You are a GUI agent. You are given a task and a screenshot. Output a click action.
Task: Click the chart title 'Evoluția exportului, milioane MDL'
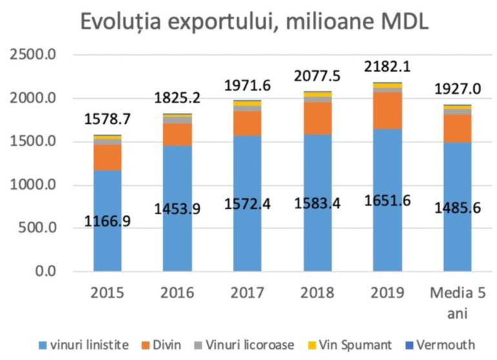tap(254, 23)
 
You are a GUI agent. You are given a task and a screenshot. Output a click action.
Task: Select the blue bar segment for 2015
tap(107, 245)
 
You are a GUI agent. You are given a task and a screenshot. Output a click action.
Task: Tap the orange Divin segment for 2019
tap(387, 110)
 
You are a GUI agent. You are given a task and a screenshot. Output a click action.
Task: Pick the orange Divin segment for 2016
tap(177, 134)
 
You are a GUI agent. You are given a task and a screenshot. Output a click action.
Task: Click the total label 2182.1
tap(387, 67)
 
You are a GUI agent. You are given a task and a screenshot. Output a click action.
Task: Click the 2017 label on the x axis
tap(247, 292)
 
